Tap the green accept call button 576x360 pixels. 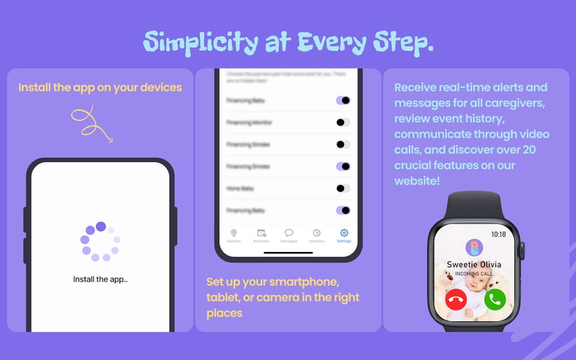[x=495, y=300]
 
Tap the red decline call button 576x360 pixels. [x=455, y=300]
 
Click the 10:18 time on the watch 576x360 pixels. [x=497, y=234]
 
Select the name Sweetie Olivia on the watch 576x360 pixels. [x=474, y=264]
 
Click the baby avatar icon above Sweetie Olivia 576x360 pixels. [x=474, y=248]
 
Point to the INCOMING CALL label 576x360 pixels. [x=474, y=274]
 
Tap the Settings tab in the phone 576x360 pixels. [x=343, y=236]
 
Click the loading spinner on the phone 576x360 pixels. [x=101, y=241]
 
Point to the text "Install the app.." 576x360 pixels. [x=101, y=279]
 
